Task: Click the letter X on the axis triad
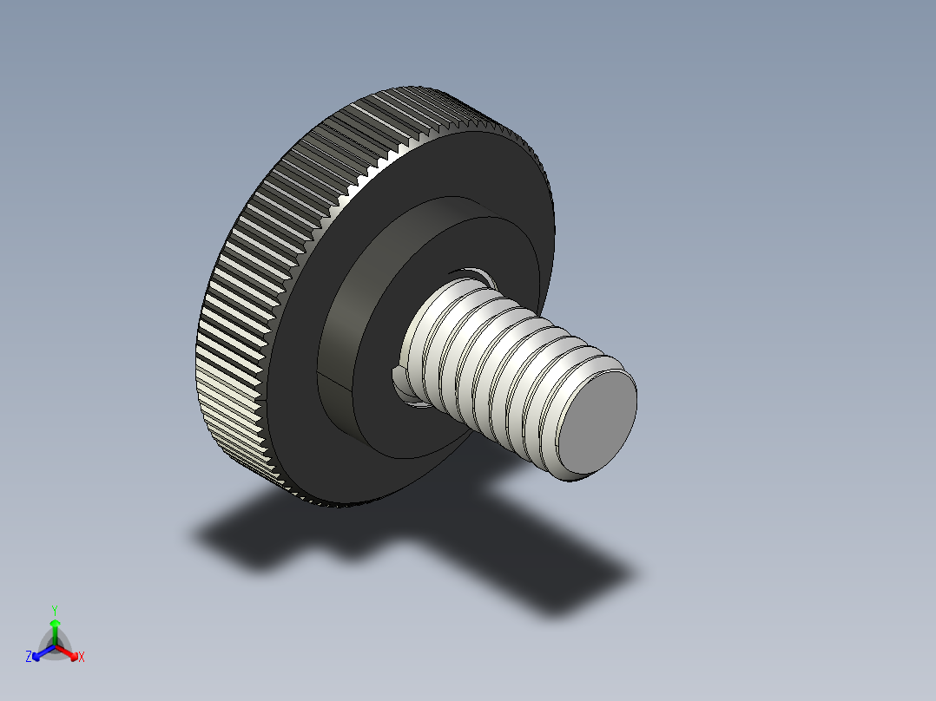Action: click(x=82, y=658)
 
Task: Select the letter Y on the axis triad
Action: click(x=55, y=610)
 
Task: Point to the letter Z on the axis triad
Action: click(x=29, y=658)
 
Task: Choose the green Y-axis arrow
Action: click(x=55, y=629)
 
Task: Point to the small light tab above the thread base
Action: click(x=470, y=275)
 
